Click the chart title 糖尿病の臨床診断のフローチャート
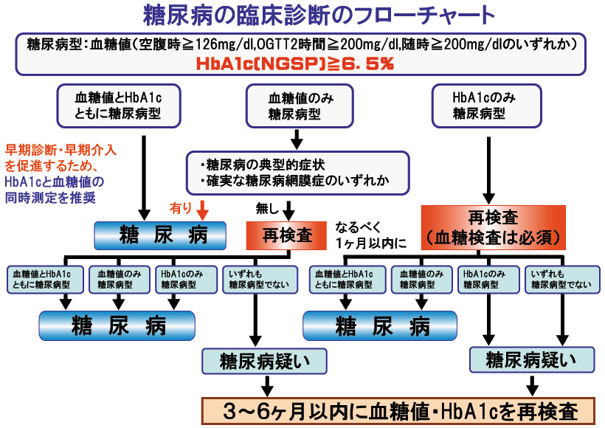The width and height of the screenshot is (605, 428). [x=319, y=15]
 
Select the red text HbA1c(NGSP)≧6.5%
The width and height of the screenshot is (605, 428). [x=295, y=63]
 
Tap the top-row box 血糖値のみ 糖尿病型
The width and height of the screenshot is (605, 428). [x=300, y=106]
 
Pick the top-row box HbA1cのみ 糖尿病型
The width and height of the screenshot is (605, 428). [x=486, y=106]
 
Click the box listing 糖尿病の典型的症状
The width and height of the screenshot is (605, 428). [x=297, y=173]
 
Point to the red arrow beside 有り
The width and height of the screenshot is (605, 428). [x=202, y=210]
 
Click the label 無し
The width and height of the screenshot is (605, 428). [x=267, y=209]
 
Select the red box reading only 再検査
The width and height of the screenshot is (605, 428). [x=286, y=235]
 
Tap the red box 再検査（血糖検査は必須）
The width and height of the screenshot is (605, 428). [x=493, y=228]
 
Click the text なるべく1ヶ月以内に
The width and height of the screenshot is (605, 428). [x=370, y=235]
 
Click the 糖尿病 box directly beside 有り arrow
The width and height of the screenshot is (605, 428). [x=160, y=235]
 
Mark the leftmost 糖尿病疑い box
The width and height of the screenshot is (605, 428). [x=264, y=362]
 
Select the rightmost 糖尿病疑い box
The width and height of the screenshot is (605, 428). [x=532, y=359]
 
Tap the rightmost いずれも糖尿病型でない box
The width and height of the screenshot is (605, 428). [x=562, y=280]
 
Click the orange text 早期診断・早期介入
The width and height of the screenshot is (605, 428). [x=60, y=150]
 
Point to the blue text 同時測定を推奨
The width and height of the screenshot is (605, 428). [x=50, y=198]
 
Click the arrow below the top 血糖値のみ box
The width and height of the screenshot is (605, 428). [x=297, y=139]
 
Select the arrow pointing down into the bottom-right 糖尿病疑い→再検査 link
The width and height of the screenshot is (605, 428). [x=533, y=385]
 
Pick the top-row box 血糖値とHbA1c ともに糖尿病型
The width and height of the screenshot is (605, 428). [x=119, y=106]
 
